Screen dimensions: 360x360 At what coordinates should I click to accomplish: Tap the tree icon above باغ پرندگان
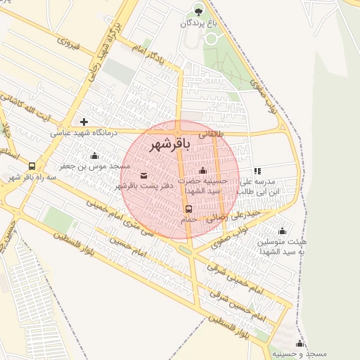coord(198,11)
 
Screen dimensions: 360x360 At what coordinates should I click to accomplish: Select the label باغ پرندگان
coord(198,23)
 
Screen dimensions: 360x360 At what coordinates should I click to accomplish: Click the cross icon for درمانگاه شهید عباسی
coord(84,122)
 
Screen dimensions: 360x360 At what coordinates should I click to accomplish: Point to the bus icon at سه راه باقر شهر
coord(32,167)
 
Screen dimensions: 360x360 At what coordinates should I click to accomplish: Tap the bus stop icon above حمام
coord(188,209)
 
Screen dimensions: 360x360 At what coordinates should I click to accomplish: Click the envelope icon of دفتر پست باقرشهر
coord(143,175)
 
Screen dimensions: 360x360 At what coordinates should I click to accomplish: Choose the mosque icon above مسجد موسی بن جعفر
coord(94,155)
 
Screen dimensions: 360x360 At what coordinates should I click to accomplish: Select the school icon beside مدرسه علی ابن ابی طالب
coord(257,171)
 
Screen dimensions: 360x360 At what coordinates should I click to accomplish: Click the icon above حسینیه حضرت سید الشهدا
coord(202,170)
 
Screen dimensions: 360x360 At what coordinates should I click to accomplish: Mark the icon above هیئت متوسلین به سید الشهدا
coord(283,231)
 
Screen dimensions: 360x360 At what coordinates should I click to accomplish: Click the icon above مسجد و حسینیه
coord(300,343)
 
